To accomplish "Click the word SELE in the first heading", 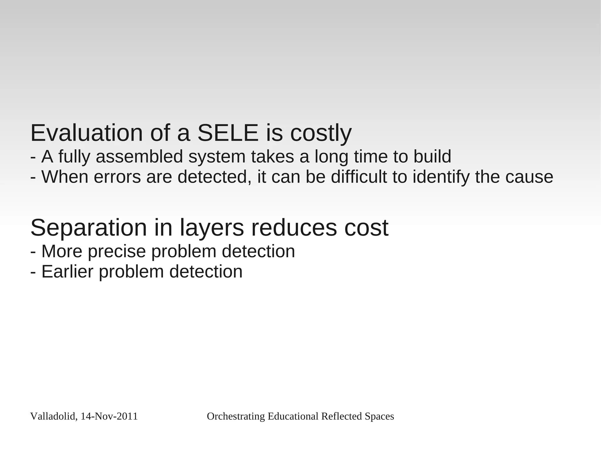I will point(228,133).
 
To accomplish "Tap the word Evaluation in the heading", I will point(87,133).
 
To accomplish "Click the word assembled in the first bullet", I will point(139,157).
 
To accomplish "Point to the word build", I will point(432,157).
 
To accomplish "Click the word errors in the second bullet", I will point(117,177).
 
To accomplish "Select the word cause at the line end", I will point(529,178).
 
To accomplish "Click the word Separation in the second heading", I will point(88,228).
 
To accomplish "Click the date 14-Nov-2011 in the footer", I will point(109,417).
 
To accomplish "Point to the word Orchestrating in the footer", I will point(236,417).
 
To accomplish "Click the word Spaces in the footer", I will point(379,417).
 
